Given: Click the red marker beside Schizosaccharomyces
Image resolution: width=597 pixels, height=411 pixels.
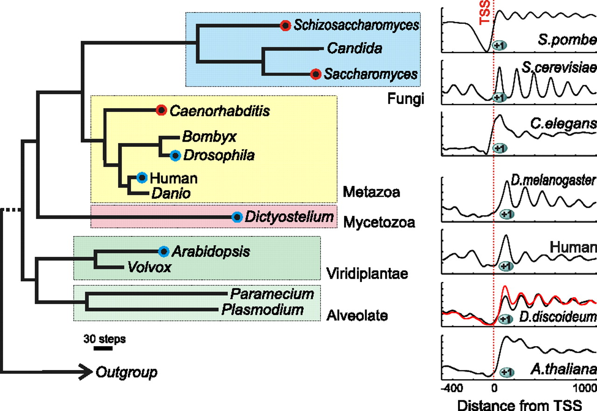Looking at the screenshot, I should click(285, 25).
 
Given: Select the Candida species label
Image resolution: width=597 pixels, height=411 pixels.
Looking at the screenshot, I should click(348, 48).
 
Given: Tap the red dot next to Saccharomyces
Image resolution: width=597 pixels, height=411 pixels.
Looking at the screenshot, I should click(316, 74).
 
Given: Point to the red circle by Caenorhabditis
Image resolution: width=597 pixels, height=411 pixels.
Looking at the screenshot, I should click(161, 110).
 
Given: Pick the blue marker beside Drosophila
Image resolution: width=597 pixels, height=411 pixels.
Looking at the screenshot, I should click(175, 155).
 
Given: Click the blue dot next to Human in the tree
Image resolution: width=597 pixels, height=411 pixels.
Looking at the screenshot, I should click(142, 178).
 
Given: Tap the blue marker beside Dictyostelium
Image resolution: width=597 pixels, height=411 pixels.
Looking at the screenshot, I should click(237, 217).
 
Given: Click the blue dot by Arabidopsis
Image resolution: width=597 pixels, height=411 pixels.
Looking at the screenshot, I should click(164, 252).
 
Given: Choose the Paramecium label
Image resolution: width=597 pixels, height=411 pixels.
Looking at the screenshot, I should click(272, 294).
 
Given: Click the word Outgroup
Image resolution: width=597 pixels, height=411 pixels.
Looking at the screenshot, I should click(126, 372).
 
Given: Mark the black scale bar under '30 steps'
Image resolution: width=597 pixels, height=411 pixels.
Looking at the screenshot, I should click(103, 348).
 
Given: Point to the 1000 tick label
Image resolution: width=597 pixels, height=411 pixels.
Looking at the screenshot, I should click(583, 389).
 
